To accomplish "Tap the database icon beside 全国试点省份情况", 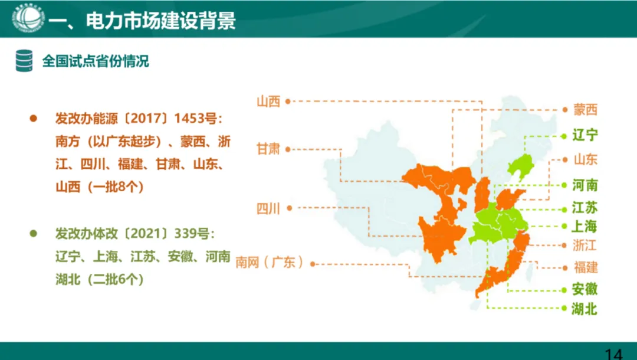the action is (x=24, y=61).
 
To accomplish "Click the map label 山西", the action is (x=268, y=102).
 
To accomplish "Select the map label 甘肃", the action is (x=268, y=149).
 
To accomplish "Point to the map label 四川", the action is (x=268, y=208).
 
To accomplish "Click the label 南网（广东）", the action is (x=270, y=263).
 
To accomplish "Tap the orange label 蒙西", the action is (x=585, y=110).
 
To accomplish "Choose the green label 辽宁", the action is (x=585, y=135).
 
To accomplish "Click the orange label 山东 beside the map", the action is (x=585, y=159).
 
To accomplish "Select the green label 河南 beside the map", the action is (x=585, y=186).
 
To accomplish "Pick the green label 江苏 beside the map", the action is (x=585, y=208).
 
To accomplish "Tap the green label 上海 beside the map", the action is (x=585, y=227).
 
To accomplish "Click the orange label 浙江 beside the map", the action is (x=585, y=245).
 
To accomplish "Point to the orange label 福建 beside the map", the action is (x=585, y=267).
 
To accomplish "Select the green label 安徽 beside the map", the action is (x=585, y=289).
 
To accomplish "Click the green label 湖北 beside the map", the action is (x=585, y=308).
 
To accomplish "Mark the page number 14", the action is (x=613, y=354).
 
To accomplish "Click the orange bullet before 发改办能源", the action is (x=34, y=118).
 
